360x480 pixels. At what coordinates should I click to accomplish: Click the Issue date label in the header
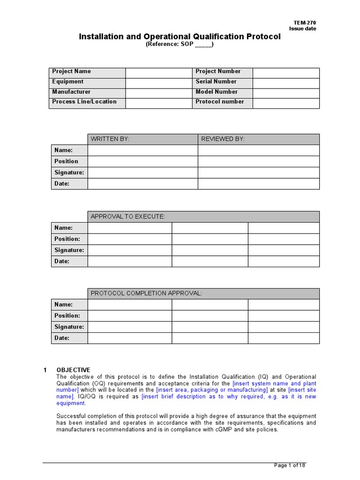pyautogui.click(x=302, y=29)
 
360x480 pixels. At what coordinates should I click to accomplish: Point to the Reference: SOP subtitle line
pyautogui.click(x=180, y=45)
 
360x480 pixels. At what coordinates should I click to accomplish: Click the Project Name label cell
pyautogui.click(x=72, y=72)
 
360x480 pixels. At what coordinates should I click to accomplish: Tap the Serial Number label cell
pyautogui.click(x=216, y=82)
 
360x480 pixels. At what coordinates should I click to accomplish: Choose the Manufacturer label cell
pyautogui.click(x=72, y=92)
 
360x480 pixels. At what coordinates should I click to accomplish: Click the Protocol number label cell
pyautogui.click(x=220, y=102)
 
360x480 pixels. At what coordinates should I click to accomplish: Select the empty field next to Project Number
pyautogui.click(x=286, y=72)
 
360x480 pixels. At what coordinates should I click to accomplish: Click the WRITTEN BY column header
pyautogui.click(x=110, y=139)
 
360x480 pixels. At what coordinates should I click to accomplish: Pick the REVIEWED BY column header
pyautogui.click(x=223, y=139)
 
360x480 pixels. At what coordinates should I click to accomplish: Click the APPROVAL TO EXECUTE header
pyautogui.click(x=128, y=217)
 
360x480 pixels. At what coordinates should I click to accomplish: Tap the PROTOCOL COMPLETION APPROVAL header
pyautogui.click(x=146, y=293)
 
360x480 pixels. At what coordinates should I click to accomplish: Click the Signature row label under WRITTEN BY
pyautogui.click(x=69, y=172)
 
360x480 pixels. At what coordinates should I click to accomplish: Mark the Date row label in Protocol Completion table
pyautogui.click(x=62, y=338)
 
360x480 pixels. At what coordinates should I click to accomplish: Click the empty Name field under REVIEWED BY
pyautogui.click(x=258, y=150)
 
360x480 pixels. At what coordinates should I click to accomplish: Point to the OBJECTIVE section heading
pyautogui.click(x=74, y=370)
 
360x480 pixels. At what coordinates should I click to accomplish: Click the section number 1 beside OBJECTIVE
pyautogui.click(x=45, y=370)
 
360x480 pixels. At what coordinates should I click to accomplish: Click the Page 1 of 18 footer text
pyautogui.click(x=290, y=465)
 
